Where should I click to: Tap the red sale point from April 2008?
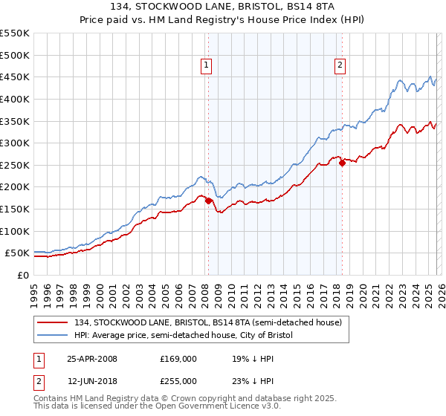(208, 201)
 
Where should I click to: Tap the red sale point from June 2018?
(342, 163)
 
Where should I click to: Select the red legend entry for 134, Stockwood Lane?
(207, 322)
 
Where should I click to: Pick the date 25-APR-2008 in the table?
(92, 359)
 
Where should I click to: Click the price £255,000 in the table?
(178, 381)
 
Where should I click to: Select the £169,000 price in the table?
(178, 359)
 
